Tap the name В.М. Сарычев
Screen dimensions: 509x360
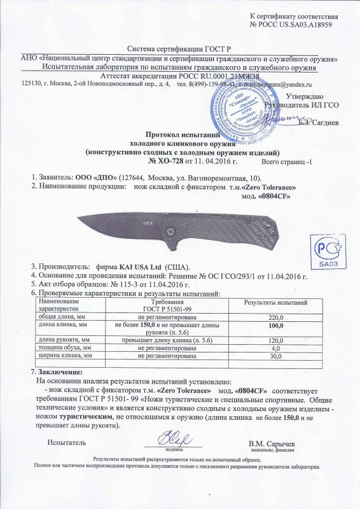tap(275, 442)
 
